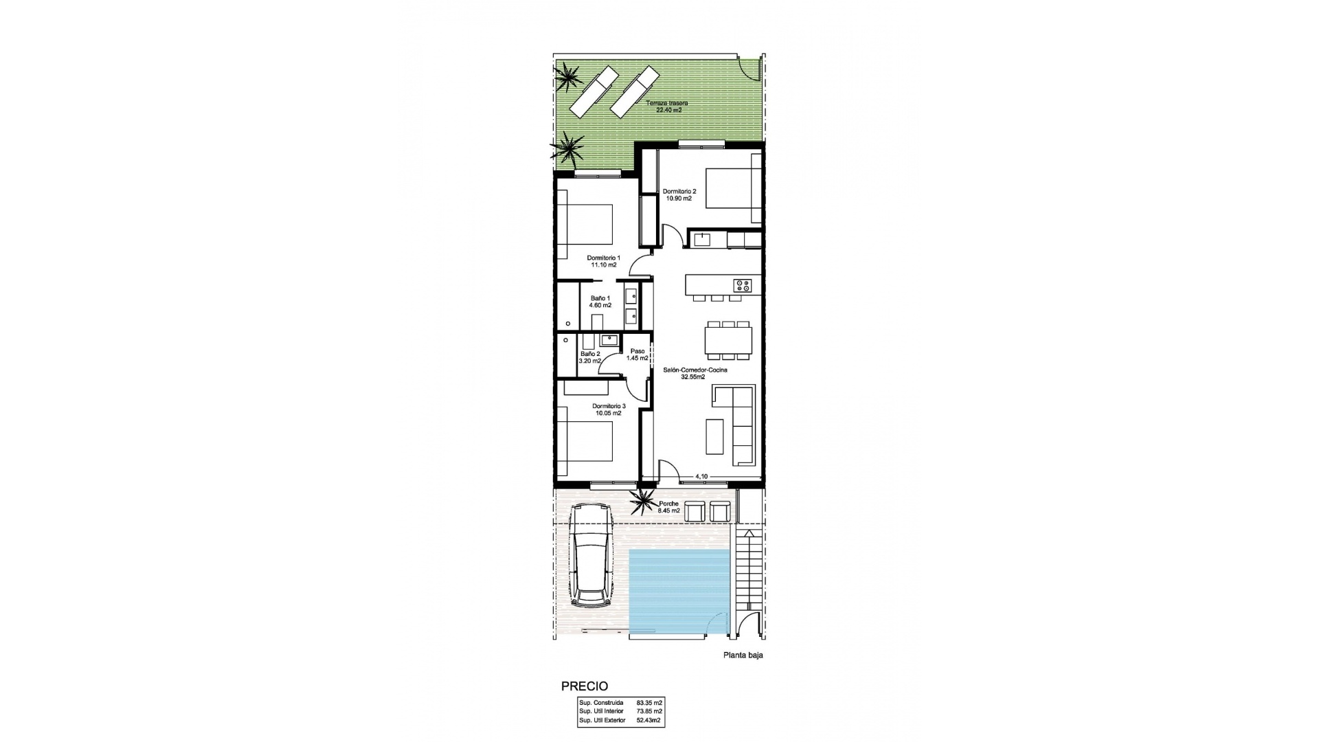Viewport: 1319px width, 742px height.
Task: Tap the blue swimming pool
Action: (x=679, y=589)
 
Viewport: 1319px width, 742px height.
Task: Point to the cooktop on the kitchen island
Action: (x=743, y=284)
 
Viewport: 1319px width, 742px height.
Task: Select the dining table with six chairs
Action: (x=728, y=339)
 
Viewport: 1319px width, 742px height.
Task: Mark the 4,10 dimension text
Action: (x=701, y=475)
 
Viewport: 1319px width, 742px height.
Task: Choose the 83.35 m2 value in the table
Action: (x=649, y=703)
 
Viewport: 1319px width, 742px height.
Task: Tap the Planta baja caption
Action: (x=743, y=655)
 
